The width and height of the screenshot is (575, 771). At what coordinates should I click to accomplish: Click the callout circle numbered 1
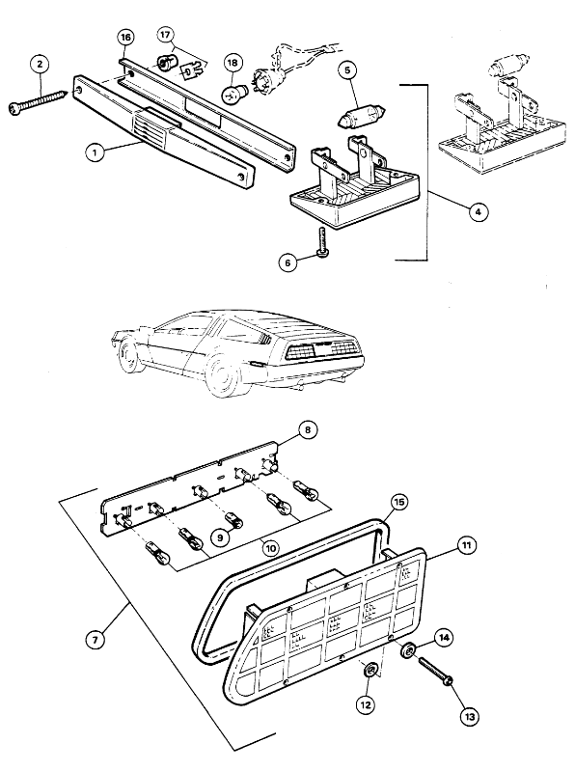95,152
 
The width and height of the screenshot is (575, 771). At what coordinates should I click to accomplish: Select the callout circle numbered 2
40,64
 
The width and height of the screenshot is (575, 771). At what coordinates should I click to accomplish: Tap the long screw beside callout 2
39,99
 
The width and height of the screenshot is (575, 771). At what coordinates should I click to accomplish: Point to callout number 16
125,38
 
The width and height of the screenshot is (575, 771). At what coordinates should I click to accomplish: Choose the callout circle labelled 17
166,35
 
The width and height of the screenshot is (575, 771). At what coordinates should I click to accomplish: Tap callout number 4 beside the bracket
478,212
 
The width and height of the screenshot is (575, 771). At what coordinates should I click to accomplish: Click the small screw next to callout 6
322,241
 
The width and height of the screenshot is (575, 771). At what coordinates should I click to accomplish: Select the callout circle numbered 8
308,430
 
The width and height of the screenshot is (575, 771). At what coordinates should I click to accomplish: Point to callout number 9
220,537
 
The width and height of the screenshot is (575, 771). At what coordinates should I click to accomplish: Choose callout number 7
96,640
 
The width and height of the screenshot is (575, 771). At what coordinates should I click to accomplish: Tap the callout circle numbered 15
399,502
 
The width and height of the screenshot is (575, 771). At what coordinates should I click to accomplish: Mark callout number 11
467,545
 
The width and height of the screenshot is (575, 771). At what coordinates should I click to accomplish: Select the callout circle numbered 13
469,716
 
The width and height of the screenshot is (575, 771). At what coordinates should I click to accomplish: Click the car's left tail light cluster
298,351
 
